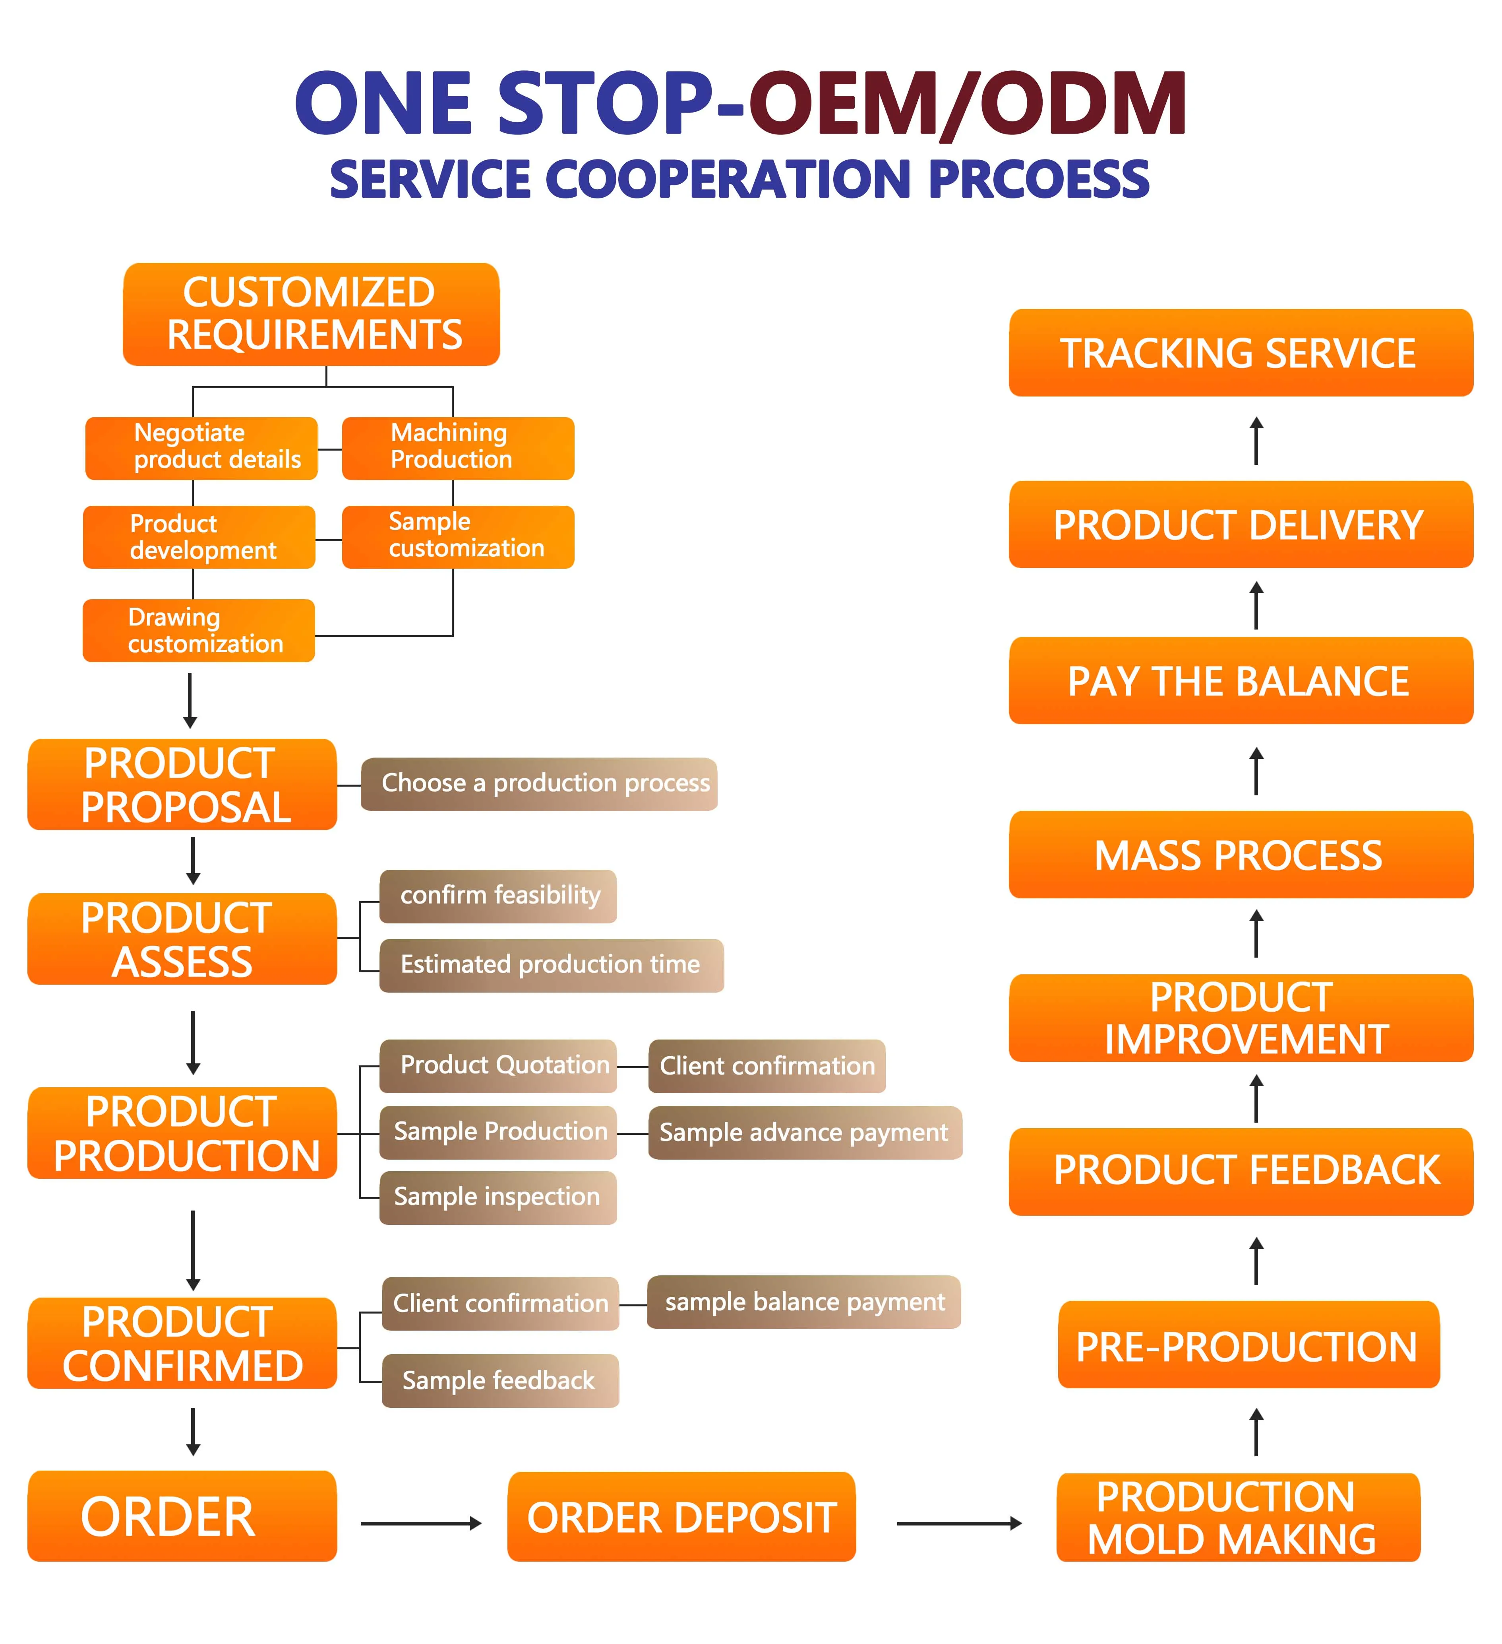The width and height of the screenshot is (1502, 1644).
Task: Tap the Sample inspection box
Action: pyautogui.click(x=498, y=1197)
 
